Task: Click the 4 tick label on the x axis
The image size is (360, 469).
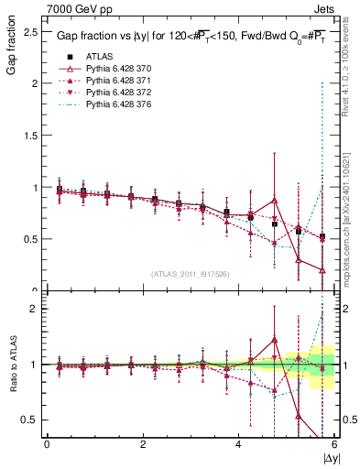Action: (238, 444)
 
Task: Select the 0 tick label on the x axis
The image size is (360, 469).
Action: (47, 444)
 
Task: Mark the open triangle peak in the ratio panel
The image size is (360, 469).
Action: (274, 339)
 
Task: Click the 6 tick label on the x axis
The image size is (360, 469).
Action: (333, 444)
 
